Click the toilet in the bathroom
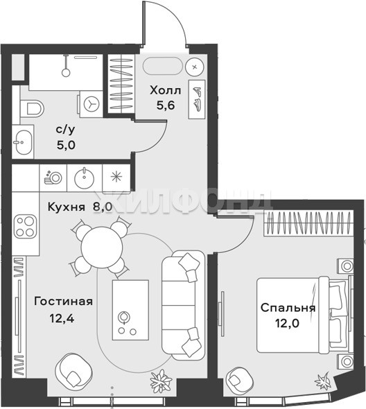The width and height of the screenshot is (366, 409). (32, 107)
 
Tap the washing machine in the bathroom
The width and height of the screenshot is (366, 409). (91, 104)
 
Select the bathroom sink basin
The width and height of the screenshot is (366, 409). (24, 142)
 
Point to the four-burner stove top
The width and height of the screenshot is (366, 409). (26, 226)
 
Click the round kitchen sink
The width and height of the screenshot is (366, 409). (85, 178)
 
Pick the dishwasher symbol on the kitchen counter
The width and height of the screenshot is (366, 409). (53, 177)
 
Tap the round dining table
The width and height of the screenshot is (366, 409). (102, 247)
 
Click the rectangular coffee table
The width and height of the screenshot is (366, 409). (130, 310)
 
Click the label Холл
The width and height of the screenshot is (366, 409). (166, 91)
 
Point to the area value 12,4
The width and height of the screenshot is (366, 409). (62, 318)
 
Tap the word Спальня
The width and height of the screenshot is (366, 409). (288, 308)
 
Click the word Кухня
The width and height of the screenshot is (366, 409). (67, 207)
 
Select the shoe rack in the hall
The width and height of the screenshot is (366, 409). (197, 99)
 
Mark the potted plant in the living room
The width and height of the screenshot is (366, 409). (162, 378)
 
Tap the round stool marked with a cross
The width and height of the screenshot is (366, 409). (195, 67)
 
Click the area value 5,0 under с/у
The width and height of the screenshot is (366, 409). (66, 145)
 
